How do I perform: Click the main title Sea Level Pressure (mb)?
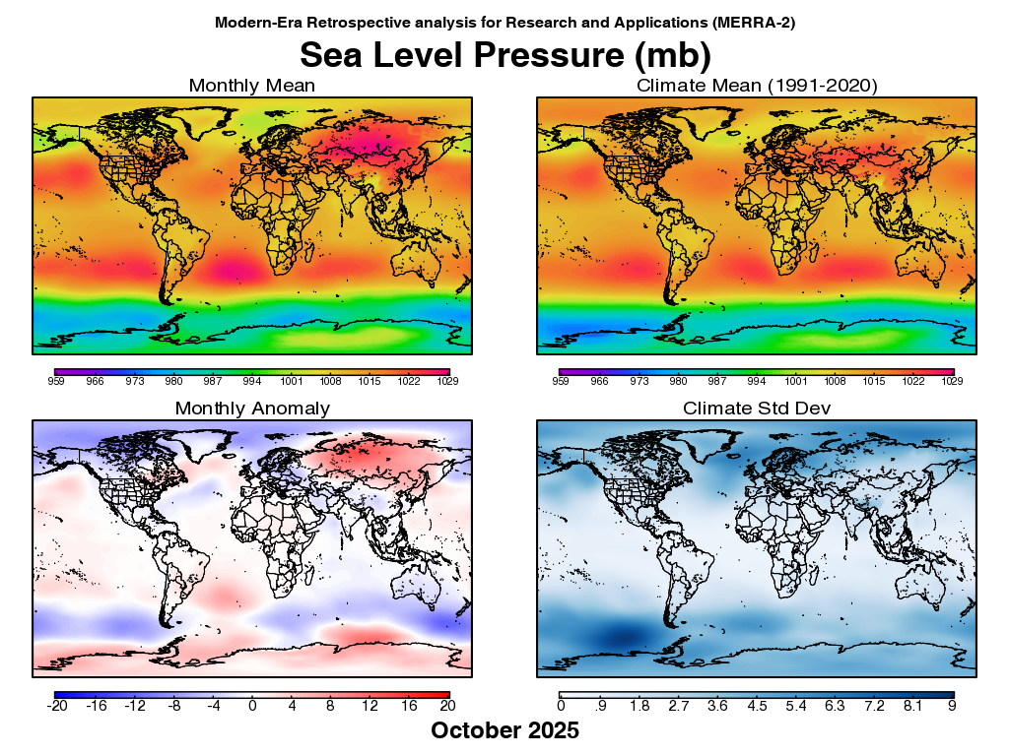click(504, 53)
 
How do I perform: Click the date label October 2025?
click(504, 730)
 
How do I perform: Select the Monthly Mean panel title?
click(252, 86)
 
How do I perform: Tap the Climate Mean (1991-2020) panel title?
click(757, 86)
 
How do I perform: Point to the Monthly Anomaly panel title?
click(252, 408)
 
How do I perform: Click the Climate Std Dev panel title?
click(757, 408)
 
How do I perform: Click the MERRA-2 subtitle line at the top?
click(504, 21)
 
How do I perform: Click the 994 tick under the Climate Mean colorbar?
click(757, 380)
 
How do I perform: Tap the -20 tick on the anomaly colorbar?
click(57, 705)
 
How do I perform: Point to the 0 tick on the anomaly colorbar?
click(252, 705)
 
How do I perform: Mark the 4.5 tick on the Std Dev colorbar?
click(757, 705)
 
